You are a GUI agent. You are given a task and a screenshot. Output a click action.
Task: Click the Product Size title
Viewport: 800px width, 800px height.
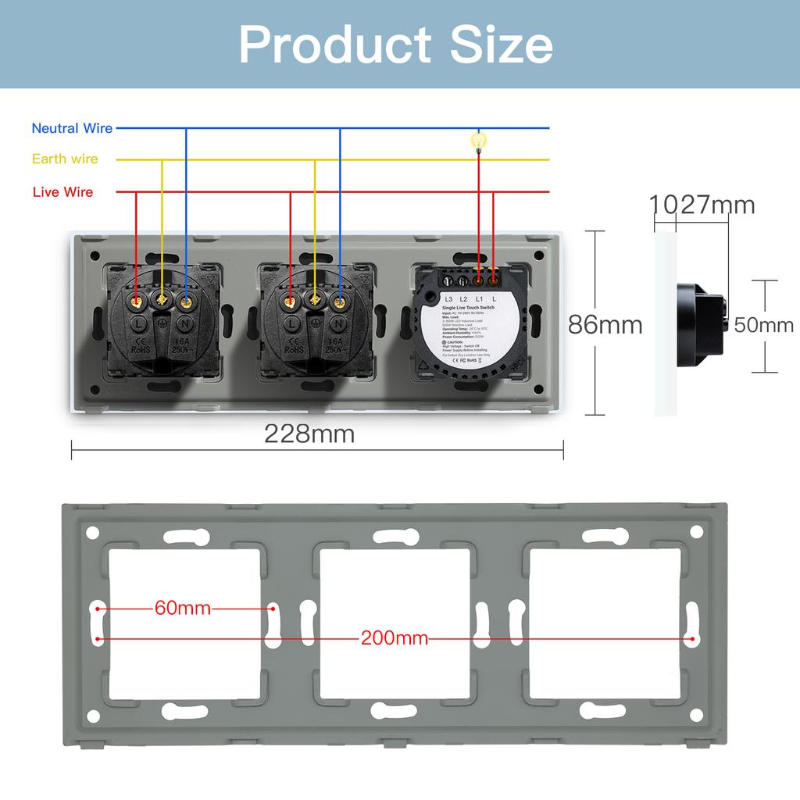[x=396, y=45]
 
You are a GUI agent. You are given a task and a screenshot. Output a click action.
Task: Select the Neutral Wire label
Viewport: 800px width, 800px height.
[x=72, y=128]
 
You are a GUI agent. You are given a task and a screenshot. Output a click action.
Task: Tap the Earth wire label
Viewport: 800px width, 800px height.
[x=65, y=159]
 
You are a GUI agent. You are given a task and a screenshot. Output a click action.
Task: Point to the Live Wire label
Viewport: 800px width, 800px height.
[x=62, y=192]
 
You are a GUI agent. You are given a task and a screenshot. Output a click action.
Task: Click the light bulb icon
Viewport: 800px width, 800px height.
[x=478, y=141]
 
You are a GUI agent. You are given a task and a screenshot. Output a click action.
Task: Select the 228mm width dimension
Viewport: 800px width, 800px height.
[x=309, y=434]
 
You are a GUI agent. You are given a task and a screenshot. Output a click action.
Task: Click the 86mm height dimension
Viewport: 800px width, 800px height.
[x=605, y=324]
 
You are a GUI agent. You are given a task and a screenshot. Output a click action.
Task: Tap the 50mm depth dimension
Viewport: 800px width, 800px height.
[x=763, y=325]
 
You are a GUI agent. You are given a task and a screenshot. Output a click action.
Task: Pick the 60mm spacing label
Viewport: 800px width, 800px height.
[x=183, y=608]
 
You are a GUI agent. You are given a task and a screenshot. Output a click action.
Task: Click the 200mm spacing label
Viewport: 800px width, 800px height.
[x=394, y=638]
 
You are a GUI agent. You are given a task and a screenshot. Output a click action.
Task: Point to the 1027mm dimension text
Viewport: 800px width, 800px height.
[x=702, y=205]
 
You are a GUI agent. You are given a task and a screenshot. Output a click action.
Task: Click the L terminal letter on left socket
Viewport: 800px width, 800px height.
[x=137, y=323]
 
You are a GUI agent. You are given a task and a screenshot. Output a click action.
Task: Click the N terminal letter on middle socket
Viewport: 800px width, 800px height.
[x=341, y=323]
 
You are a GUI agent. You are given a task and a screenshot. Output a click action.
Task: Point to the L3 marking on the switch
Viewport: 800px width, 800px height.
[x=448, y=299]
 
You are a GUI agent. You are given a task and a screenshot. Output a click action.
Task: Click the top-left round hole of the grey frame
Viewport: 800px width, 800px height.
[x=92, y=533]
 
